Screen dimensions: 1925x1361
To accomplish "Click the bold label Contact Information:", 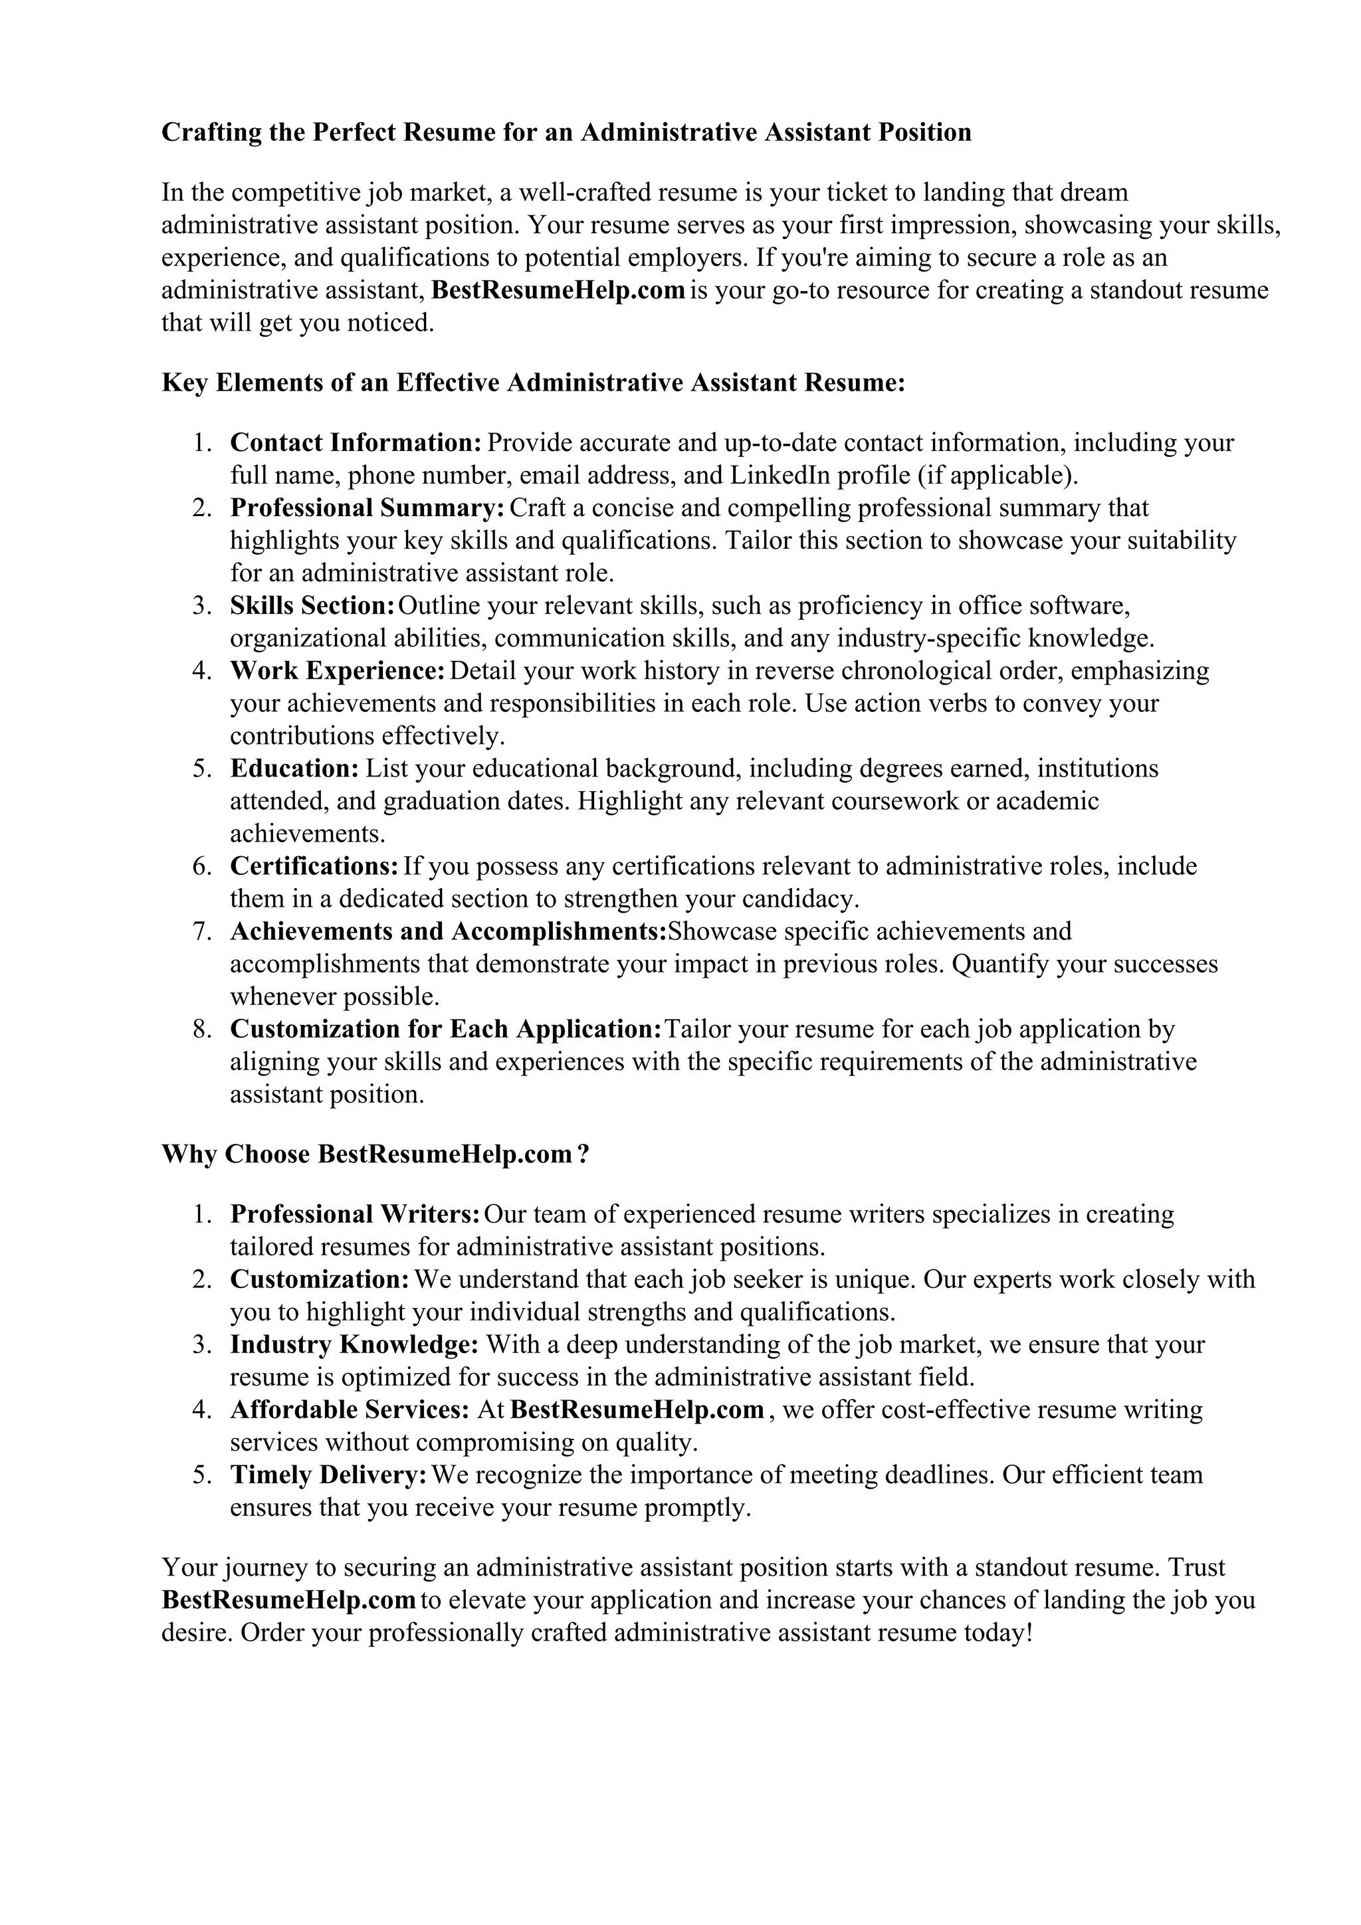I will [356, 442].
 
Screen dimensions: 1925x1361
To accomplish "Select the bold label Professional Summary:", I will [367, 508].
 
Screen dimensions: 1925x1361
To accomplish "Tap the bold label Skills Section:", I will [312, 605].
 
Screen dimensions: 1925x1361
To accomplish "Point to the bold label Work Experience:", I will [337, 671].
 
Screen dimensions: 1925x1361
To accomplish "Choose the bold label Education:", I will [294, 769].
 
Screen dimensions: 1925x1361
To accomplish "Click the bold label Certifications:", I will [314, 866].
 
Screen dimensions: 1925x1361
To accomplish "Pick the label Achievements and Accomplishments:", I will [448, 931].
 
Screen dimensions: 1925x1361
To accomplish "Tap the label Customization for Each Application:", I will [446, 1030].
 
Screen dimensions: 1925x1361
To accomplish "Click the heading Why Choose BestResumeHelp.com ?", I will [375, 1154].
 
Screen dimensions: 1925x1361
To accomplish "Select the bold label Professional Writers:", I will [355, 1215].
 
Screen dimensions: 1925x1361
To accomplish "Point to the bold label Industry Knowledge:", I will [354, 1345].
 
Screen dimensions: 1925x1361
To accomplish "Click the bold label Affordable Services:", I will [350, 1410].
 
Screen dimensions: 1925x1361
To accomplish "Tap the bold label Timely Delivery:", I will [329, 1475].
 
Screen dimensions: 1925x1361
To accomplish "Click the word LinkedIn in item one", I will [780, 476].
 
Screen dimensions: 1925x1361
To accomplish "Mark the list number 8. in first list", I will [202, 1030].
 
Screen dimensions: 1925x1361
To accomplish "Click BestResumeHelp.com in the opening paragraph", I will [558, 290].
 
